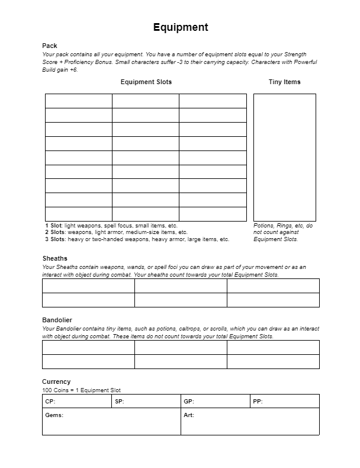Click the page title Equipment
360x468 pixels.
point(181,27)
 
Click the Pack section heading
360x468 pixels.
point(49,46)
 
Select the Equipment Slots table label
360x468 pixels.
point(146,82)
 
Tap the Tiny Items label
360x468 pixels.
point(284,82)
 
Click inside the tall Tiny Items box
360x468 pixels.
point(284,157)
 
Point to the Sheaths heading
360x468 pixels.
point(54,258)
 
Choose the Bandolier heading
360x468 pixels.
point(57,320)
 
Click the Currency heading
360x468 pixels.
point(56,382)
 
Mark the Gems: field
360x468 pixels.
point(111,421)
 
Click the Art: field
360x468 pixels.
point(250,421)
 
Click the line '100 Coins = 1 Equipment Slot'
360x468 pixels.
point(81,390)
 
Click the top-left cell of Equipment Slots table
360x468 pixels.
point(78,101)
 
